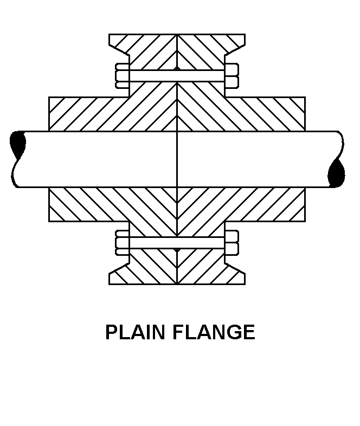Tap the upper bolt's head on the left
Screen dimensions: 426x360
coord(122,76)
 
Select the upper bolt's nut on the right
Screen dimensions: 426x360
coord(232,76)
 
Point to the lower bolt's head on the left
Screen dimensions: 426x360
coord(122,243)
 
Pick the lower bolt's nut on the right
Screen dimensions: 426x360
coord(232,243)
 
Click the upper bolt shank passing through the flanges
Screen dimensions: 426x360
coord(177,76)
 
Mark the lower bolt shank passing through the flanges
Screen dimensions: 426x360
coord(177,243)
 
